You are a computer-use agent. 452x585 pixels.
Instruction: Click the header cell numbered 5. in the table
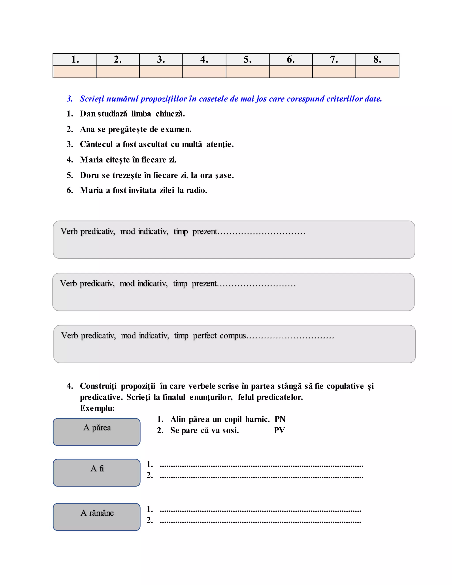coord(247,59)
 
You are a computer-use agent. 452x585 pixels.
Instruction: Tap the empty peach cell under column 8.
coord(377,72)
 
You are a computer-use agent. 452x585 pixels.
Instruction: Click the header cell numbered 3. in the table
coord(161,59)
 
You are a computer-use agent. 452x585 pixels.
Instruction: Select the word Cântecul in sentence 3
coord(96,144)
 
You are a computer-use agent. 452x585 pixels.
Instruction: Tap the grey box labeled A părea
coord(97,432)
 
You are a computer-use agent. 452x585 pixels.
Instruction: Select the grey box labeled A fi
coord(97,472)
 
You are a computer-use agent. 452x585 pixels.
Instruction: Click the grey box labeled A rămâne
coord(97,517)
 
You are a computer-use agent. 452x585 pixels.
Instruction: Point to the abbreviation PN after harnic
coord(280,419)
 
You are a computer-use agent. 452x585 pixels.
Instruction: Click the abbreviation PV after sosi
coord(279,430)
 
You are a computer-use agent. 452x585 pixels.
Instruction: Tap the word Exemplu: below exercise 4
coord(97,408)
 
